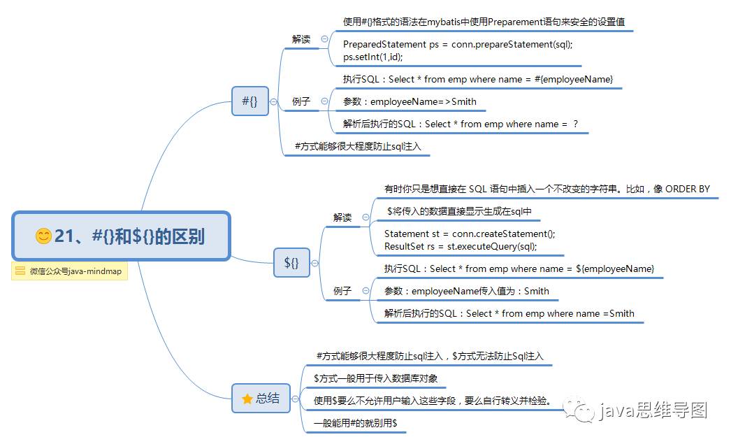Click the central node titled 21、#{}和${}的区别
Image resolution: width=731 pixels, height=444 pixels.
(121, 236)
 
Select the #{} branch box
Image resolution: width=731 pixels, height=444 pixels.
(249, 101)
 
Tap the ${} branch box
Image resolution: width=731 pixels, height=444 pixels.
(291, 263)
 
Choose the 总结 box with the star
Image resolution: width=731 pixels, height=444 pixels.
(261, 398)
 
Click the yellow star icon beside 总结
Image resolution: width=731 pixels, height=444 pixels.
(247, 399)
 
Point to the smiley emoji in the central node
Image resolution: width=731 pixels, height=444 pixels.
(43, 236)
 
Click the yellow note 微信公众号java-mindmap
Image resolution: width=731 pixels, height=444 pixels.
(69, 271)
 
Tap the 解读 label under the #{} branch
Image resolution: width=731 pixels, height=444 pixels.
(301, 39)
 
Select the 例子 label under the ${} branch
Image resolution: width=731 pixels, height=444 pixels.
(342, 291)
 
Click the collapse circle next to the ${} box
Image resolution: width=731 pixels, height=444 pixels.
(315, 264)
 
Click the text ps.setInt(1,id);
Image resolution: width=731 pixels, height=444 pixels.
(372, 57)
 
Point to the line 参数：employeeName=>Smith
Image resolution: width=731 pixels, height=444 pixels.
(410, 101)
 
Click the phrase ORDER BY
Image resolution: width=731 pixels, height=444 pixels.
(687, 189)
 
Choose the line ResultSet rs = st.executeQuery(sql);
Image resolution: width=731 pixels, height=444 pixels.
(461, 246)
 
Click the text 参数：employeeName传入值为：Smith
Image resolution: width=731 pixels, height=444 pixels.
(467, 291)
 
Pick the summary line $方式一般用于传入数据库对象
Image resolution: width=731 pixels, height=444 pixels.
(375, 378)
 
